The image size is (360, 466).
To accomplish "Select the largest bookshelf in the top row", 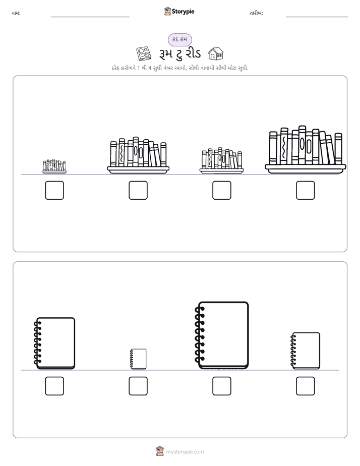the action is pos(306,149).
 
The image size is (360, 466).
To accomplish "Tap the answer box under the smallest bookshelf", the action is pos(54,190).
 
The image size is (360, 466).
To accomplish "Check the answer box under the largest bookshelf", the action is pos(306,190).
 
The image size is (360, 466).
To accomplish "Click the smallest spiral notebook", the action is pos(139,359).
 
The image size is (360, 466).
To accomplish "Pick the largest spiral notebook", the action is pos(222,335).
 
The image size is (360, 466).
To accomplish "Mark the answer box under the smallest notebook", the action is pos(138,386).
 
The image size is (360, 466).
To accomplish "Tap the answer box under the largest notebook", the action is pos(222,386).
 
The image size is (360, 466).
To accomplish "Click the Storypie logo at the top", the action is pos(179,11).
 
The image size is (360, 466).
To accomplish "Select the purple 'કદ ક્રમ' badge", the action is pos(180,39).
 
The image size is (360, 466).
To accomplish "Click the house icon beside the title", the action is pos(216,53).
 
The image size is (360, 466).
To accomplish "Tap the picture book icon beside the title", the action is pos(144,53).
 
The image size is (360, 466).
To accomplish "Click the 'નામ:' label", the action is pos(16,13).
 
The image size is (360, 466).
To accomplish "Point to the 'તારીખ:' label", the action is pos(256,13).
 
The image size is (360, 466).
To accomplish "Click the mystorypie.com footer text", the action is pos(185,452).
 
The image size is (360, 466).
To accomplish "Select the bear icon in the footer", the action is pos(160,451).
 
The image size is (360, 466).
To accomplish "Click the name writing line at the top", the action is pos(90,17).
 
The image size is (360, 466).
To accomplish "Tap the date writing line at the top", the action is pos(317,17).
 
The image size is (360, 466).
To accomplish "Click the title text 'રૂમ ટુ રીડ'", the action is pos(180,54).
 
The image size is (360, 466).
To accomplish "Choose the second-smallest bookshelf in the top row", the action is pos(222,160).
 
